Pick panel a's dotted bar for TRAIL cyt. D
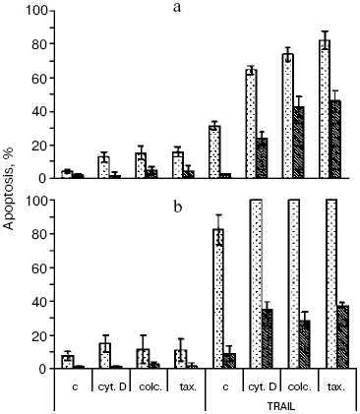(x=252, y=124)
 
